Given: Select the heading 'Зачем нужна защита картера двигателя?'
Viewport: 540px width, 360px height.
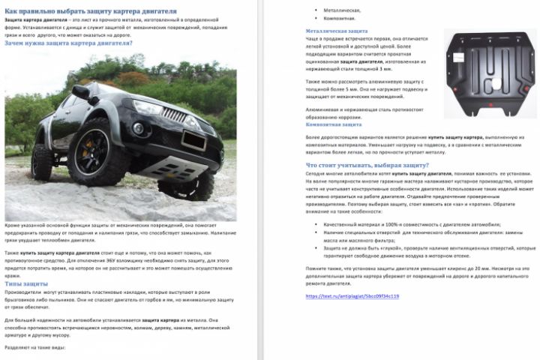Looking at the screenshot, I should point(68,43).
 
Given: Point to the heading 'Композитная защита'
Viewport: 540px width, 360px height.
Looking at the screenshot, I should point(334,124).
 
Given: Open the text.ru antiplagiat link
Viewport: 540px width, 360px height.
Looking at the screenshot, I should point(352,296).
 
